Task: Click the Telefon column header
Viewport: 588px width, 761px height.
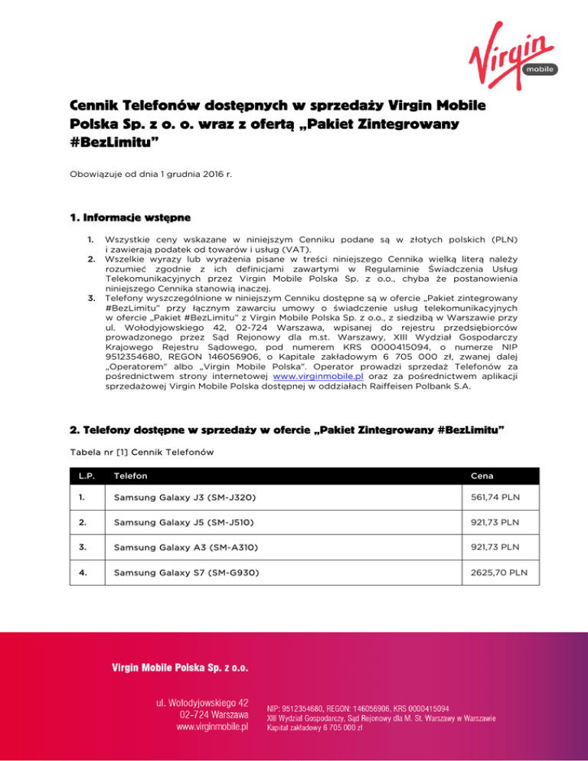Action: click(x=131, y=475)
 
